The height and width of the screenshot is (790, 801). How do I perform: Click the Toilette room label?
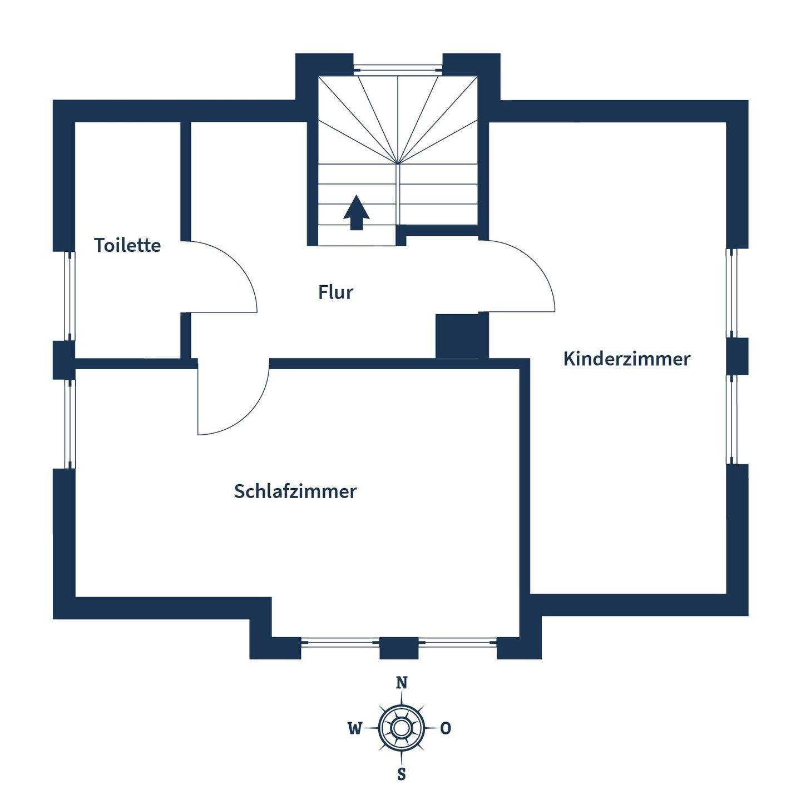pyautogui.click(x=127, y=245)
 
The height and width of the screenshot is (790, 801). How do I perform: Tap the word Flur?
pyautogui.click(x=335, y=292)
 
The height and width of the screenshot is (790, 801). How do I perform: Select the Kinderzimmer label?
pyautogui.click(x=626, y=359)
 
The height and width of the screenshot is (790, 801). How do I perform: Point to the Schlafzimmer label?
pyautogui.click(x=295, y=491)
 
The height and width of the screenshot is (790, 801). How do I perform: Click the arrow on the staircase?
pyautogui.click(x=356, y=212)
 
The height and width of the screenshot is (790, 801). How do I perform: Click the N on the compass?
pyautogui.click(x=401, y=683)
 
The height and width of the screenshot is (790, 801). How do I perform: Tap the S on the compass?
pyautogui.click(x=401, y=773)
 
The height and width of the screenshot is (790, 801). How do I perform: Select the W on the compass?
pyautogui.click(x=354, y=728)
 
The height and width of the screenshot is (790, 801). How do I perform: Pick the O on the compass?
pyautogui.click(x=446, y=728)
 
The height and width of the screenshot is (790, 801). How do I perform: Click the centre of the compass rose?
pyautogui.click(x=401, y=728)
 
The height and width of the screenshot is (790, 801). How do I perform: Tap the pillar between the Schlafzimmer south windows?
pyautogui.click(x=398, y=648)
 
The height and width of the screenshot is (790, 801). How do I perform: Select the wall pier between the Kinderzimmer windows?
pyautogui.click(x=738, y=356)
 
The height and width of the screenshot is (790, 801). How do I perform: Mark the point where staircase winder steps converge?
pyautogui.click(x=397, y=163)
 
